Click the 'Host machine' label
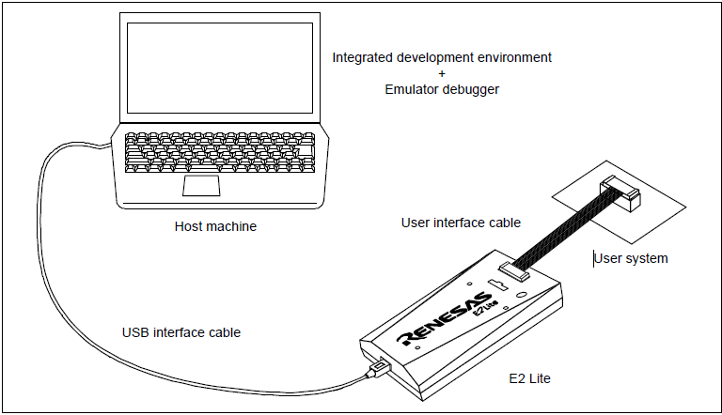[215, 226]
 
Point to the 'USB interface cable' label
[181, 332]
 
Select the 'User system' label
[632, 258]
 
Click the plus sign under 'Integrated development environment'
[442, 73]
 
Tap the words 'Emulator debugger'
[442, 89]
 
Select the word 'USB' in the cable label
[136, 332]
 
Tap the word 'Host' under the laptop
[189, 226]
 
